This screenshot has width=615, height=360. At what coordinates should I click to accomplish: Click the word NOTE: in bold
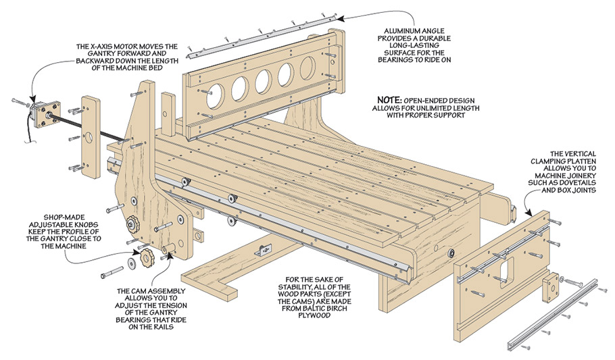click(391, 97)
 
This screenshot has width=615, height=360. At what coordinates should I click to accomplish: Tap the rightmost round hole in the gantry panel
click(307, 69)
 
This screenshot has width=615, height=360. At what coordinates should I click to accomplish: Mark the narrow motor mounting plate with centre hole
click(89, 135)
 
